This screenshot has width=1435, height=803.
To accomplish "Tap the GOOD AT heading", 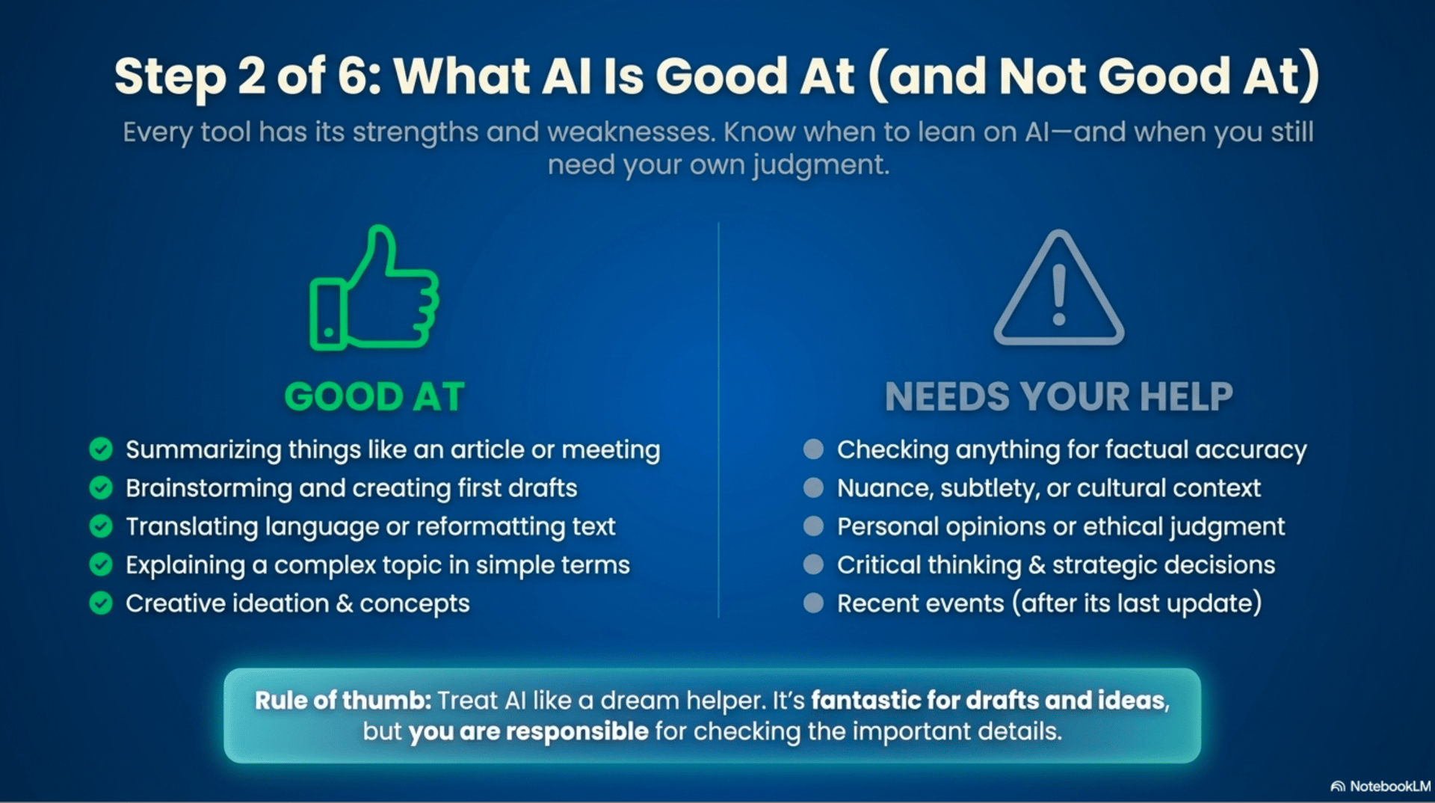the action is tap(374, 396).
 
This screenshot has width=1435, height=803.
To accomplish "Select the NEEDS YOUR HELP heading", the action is tap(1059, 396).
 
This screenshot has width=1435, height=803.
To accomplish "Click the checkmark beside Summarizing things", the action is tap(101, 449).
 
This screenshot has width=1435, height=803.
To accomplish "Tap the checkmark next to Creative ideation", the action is tap(101, 603).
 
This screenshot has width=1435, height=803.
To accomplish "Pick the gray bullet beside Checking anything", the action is tap(813, 449).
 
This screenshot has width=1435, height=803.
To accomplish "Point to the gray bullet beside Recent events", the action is tap(813, 603).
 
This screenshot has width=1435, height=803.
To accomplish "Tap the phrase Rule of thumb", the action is tap(343, 701).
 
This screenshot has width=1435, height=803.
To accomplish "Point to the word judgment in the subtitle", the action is tap(821, 165).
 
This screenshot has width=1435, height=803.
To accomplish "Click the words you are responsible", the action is tap(528, 731).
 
